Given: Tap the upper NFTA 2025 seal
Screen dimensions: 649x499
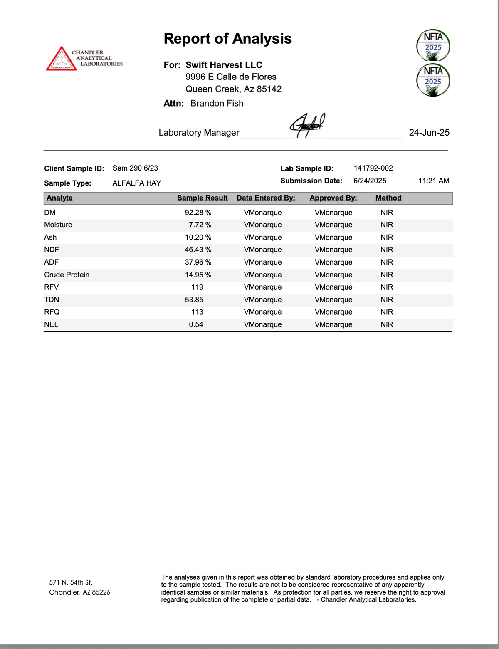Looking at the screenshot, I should coord(433,45).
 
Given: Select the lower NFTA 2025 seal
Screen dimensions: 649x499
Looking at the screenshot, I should coord(433,79).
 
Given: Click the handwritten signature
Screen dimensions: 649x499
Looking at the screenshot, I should coord(307,124).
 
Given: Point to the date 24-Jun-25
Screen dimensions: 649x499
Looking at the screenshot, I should coord(429,132).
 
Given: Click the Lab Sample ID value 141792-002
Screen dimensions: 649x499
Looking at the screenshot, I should coord(373,168).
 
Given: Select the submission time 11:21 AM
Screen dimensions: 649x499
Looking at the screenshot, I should coord(434,181).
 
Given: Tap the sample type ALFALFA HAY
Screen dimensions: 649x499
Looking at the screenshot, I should coord(136,183).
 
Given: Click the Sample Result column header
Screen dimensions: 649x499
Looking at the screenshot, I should coord(203,198).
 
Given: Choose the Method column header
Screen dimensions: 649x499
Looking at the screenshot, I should coord(388,198).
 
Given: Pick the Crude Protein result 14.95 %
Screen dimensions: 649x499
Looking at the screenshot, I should coord(198,275).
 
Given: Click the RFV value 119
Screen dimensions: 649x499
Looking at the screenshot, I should coord(197,287).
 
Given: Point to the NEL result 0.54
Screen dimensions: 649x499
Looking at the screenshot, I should coord(196,324).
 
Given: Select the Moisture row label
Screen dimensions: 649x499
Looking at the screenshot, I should coord(58,225).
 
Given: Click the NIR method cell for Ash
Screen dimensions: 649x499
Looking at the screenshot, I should coord(386,237).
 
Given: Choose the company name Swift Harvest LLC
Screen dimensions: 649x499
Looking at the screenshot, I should coord(224,65).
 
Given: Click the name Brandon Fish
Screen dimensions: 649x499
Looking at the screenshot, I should coord(217,103).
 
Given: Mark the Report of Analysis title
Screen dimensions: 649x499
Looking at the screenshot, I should coord(227,39).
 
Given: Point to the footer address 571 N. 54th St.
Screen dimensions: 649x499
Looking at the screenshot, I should coord(71,582).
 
